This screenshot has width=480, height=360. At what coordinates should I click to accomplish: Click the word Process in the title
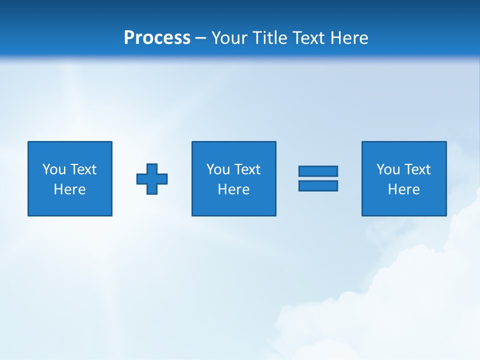(x=157, y=38)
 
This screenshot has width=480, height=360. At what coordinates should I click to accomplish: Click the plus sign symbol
(x=152, y=179)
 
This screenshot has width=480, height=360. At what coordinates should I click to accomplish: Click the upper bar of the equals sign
(x=318, y=171)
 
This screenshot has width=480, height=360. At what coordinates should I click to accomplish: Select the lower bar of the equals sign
(x=318, y=186)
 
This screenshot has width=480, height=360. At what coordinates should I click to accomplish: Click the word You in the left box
(x=54, y=169)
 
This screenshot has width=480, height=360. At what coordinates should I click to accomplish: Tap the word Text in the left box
(x=83, y=169)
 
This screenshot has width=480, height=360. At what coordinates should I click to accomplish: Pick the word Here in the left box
(x=70, y=189)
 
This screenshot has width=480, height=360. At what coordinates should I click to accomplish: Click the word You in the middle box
(x=218, y=169)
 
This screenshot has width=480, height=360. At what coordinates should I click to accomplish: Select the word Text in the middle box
(x=247, y=169)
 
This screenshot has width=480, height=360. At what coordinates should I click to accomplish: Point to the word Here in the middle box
(x=234, y=189)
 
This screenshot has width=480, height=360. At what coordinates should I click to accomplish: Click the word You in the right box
(x=388, y=169)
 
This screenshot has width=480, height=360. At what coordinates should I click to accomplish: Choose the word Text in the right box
(x=417, y=169)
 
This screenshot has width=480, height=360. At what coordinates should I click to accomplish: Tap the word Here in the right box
(x=404, y=189)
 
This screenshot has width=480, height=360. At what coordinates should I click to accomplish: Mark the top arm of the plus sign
(x=152, y=168)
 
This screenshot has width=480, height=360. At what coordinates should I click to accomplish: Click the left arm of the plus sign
(x=141, y=179)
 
